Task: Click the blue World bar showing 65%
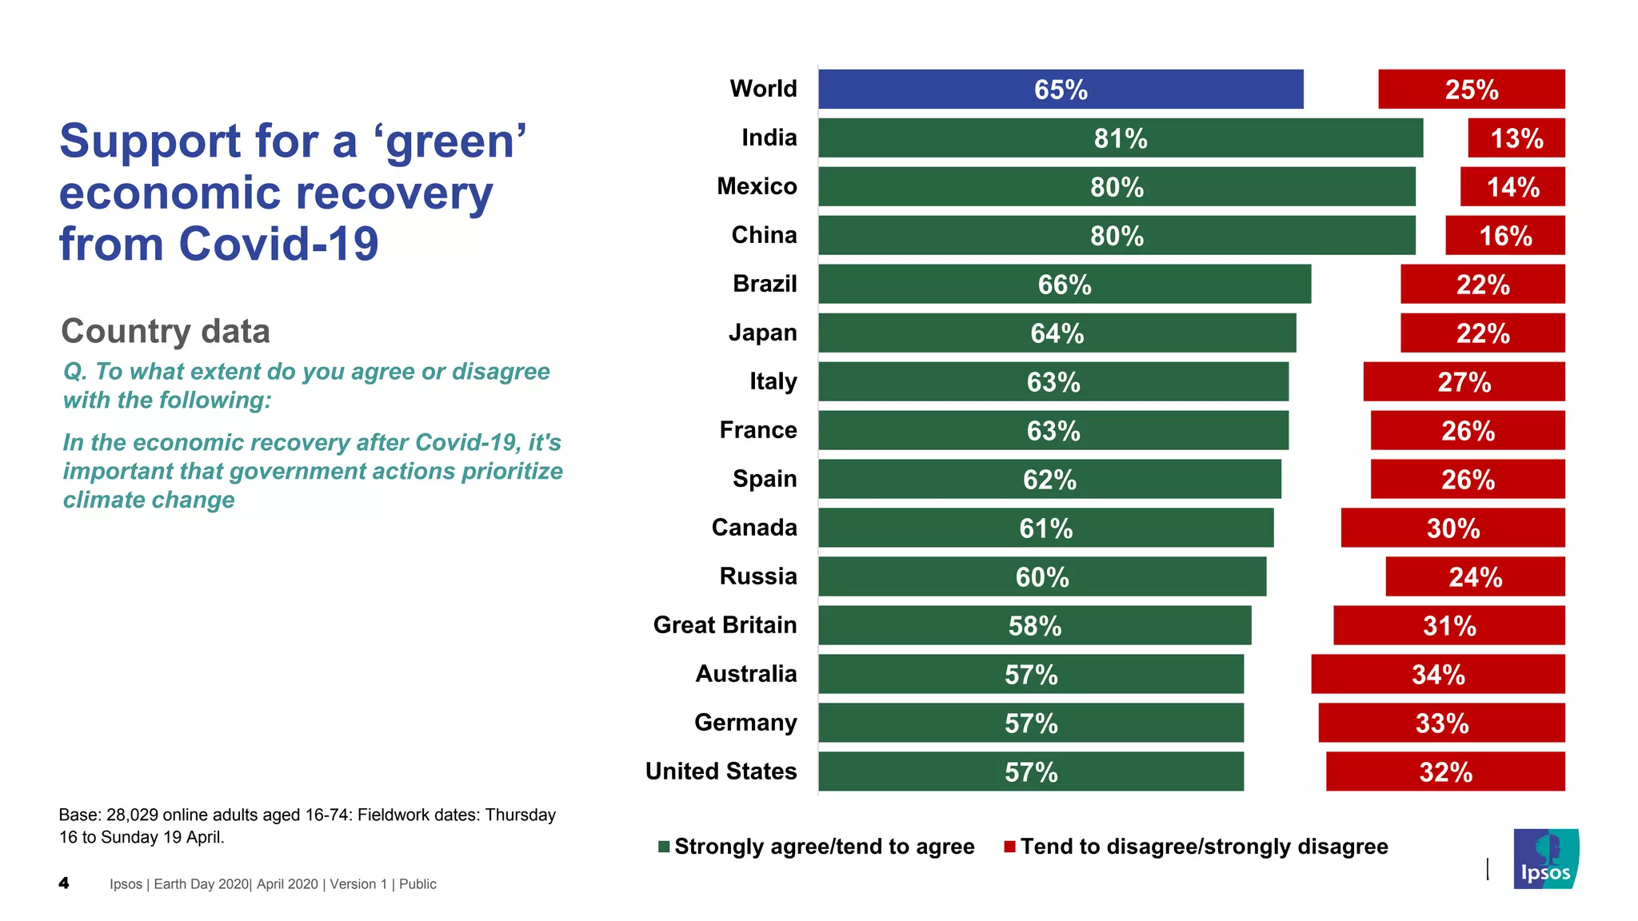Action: click(1061, 89)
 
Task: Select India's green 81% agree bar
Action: click(1120, 138)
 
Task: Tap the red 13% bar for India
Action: click(1516, 138)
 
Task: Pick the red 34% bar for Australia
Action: click(1437, 674)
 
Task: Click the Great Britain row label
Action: click(725, 624)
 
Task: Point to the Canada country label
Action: click(754, 527)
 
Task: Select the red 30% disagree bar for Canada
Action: click(1452, 528)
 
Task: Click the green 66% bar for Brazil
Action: click(1064, 284)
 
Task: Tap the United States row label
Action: click(721, 771)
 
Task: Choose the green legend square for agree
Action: click(664, 847)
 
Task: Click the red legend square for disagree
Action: click(1010, 847)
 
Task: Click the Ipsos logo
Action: click(1545, 859)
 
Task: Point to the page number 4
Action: click(64, 883)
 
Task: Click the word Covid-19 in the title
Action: click(278, 244)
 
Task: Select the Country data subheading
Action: click(166, 331)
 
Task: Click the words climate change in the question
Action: click(149, 500)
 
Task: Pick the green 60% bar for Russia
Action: click(1041, 576)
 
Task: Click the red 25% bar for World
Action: click(1471, 89)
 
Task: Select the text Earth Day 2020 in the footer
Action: click(201, 883)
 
